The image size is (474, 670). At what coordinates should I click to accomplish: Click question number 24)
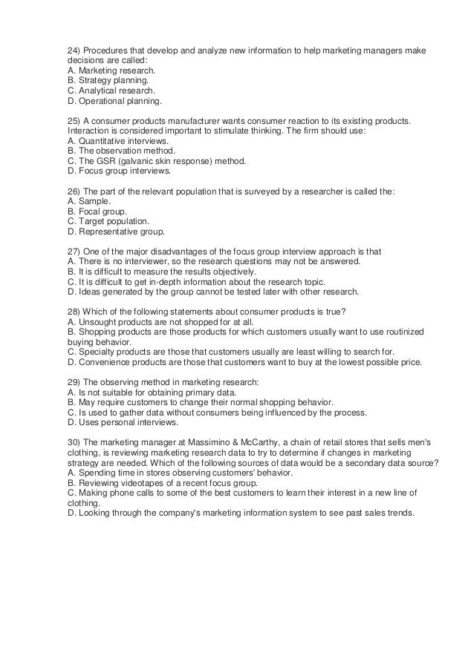(73, 51)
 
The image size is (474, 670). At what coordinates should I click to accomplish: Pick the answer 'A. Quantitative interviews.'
(117, 141)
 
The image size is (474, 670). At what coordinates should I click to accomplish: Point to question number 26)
(73, 191)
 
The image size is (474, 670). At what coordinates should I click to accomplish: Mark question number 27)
(73, 252)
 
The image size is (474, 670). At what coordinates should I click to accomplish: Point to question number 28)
(73, 311)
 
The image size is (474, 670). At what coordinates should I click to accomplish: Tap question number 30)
(73, 441)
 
